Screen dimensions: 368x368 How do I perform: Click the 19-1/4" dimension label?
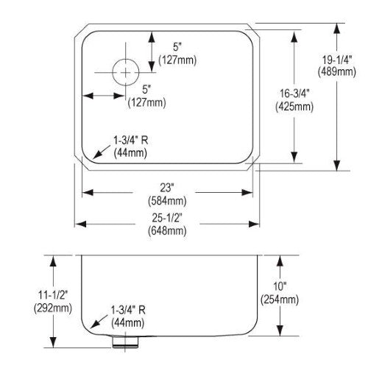pos(337,60)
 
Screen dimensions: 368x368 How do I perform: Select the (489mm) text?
pos(337,72)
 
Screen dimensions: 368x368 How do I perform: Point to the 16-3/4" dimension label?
pos(294,93)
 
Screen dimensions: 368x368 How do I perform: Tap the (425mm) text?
pos(294,107)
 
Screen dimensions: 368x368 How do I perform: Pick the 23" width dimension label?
pos(167,188)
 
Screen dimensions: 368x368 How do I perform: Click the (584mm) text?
pos(167,201)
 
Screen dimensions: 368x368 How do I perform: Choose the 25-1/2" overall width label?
pos(167,218)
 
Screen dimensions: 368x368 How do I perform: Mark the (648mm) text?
pos(167,231)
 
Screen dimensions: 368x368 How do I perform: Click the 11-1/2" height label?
pos(53,295)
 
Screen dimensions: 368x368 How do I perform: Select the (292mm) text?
pos(53,308)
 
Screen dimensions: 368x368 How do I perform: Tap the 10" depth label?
pos(280,286)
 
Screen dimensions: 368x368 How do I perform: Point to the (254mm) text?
pos(280,300)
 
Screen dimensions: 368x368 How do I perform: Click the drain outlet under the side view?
pos(125,342)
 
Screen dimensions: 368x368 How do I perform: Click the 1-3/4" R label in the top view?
pos(130,141)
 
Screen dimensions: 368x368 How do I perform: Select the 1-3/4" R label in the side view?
pos(128,310)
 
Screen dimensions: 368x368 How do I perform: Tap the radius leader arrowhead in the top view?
pos(97,155)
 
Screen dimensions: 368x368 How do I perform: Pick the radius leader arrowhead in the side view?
pos(94,325)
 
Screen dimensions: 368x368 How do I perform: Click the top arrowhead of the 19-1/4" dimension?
pos(337,28)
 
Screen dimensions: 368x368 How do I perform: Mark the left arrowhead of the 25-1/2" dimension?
pos(80,224)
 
